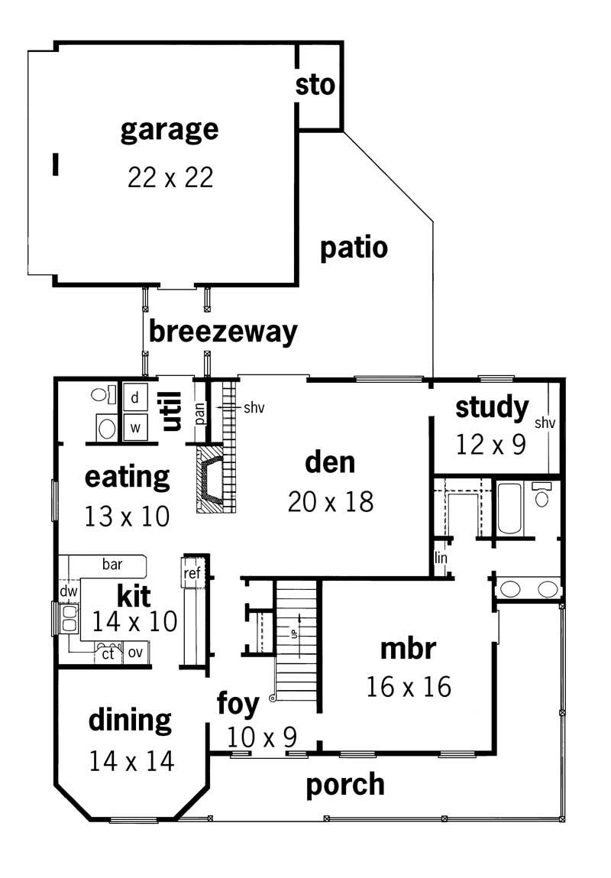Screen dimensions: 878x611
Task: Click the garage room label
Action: [170, 130]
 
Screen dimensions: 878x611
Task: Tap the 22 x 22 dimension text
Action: [170, 178]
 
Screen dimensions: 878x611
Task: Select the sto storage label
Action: [315, 86]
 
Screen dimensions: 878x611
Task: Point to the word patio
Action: [354, 248]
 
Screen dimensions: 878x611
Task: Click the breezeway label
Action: [222, 332]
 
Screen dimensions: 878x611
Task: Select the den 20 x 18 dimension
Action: [331, 502]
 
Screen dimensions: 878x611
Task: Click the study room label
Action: [492, 408]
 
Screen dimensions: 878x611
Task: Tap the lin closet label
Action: [441, 559]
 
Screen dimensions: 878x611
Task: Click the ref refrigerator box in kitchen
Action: [191, 573]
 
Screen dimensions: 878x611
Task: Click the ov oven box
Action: [135, 653]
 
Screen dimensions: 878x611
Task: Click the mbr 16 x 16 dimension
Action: [409, 686]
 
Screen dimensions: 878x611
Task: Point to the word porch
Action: [345, 785]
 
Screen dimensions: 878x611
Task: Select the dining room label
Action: [130, 720]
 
